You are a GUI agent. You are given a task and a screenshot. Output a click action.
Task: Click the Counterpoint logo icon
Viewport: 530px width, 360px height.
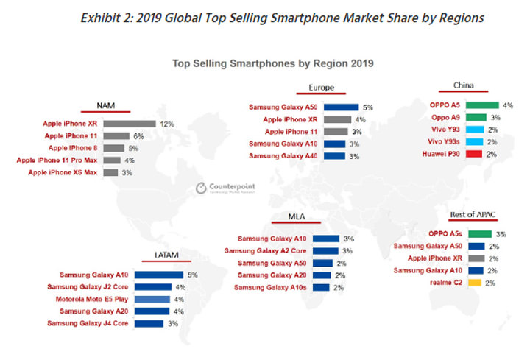point(200,189)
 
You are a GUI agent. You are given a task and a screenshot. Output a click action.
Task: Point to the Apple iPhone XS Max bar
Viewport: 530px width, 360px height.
point(110,172)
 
